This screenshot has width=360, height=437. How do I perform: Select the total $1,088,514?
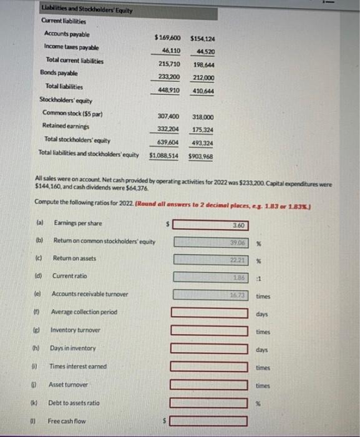coord(163,155)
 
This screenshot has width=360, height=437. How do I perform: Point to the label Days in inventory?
coord(73,348)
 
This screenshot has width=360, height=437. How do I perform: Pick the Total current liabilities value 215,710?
coord(167,64)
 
